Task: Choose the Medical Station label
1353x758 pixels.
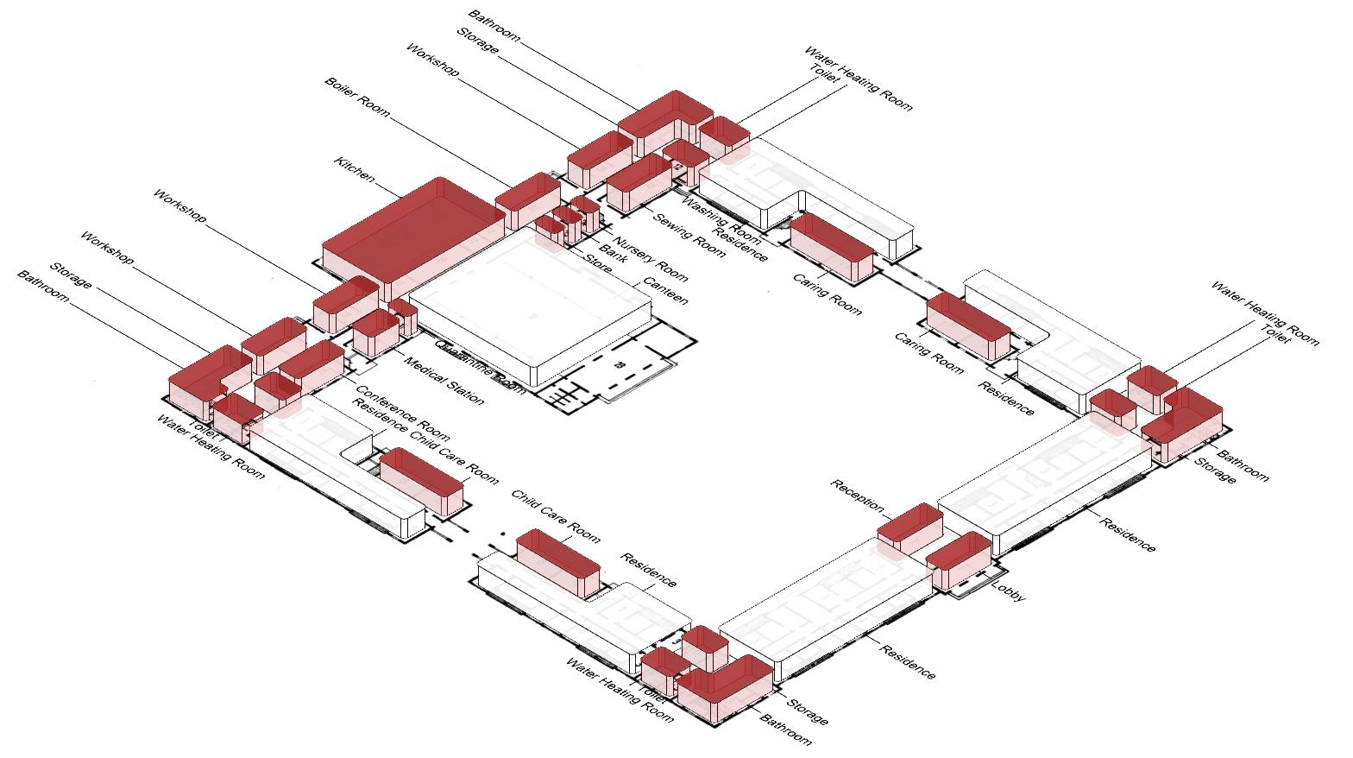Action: coord(444,381)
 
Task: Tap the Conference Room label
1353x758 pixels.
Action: coord(402,414)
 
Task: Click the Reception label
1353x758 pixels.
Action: coord(859,495)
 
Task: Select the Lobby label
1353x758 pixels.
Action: coord(1008,592)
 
